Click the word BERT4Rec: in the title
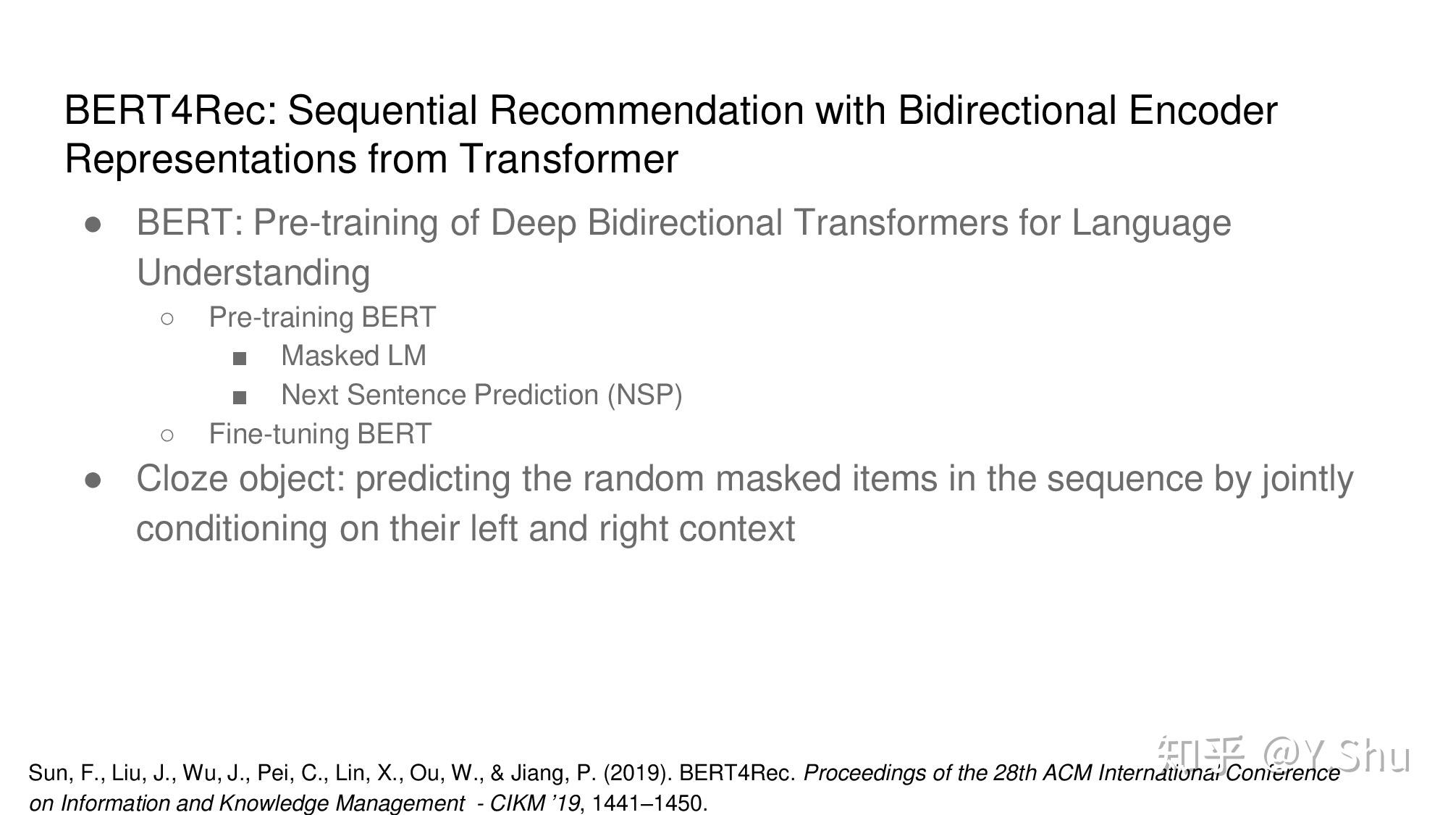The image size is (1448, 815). [x=171, y=111]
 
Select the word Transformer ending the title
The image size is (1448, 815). [x=568, y=159]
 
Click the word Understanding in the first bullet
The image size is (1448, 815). [x=253, y=273]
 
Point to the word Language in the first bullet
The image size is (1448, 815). [x=1151, y=222]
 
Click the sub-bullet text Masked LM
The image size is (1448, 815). [x=353, y=356]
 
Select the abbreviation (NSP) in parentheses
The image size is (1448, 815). [x=644, y=395]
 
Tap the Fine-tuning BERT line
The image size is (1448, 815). [x=320, y=434]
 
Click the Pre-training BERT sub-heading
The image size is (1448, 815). [x=322, y=317]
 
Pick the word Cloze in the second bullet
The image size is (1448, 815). [x=182, y=479]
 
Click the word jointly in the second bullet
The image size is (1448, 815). [x=1308, y=479]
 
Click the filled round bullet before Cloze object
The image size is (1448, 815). [x=93, y=480]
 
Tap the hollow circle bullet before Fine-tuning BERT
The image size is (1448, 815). [x=167, y=435]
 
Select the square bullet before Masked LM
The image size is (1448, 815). [x=240, y=358]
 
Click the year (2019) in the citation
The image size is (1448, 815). [x=637, y=773]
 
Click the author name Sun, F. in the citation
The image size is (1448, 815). [x=62, y=773]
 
